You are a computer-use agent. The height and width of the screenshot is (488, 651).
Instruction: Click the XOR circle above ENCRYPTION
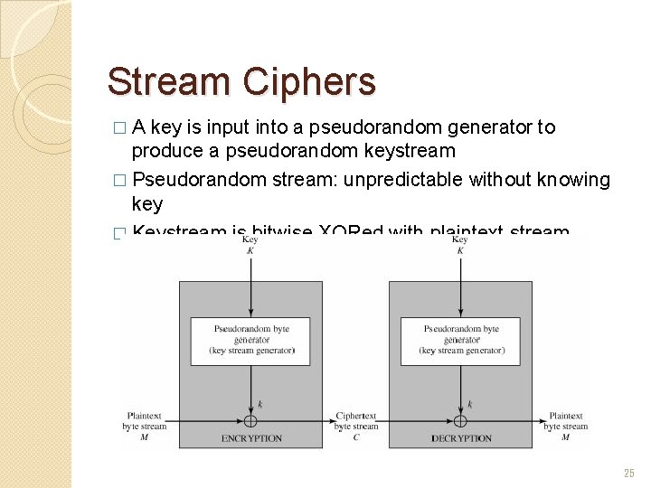click(x=250, y=421)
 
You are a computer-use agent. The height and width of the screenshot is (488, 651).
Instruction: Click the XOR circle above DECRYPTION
click(x=460, y=421)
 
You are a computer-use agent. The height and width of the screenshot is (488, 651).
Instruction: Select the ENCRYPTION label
click(x=251, y=438)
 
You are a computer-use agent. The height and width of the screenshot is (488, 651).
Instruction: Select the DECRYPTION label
click(x=461, y=438)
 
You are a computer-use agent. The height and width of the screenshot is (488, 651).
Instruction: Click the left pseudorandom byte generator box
click(x=250, y=340)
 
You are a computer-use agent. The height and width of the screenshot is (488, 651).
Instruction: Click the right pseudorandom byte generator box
click(x=461, y=340)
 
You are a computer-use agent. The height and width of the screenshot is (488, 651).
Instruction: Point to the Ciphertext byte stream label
click(x=356, y=421)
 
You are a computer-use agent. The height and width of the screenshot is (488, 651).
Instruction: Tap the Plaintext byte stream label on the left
click(x=145, y=421)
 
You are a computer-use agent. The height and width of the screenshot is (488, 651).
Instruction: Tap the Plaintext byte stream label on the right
click(x=566, y=421)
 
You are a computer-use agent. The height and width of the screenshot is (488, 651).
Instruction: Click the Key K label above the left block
click(x=250, y=245)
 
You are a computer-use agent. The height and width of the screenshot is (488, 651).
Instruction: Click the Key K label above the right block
click(x=460, y=245)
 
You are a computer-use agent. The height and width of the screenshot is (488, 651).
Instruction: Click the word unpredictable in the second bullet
click(x=407, y=180)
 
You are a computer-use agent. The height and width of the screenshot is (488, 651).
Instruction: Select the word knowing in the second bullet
click(x=573, y=180)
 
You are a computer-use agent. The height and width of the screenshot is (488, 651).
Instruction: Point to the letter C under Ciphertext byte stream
click(x=356, y=437)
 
